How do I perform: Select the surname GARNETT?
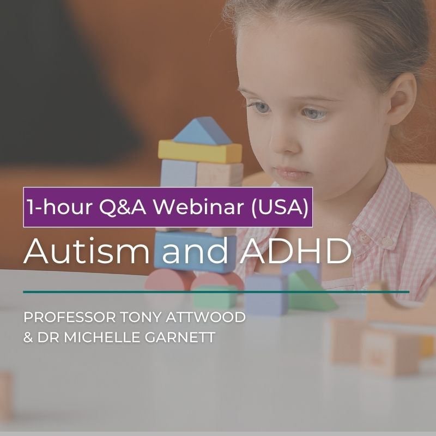click(x=185, y=338)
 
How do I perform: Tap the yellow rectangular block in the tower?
click(x=199, y=152)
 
